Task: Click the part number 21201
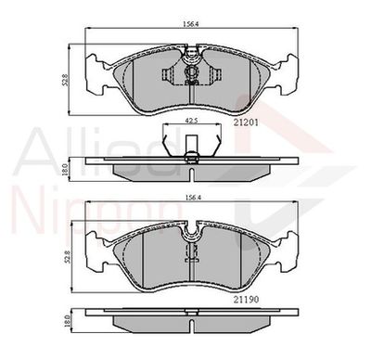point(246,122)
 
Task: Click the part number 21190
point(246,300)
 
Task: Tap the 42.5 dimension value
point(192,121)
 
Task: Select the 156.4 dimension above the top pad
point(192,25)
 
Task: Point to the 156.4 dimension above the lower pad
point(192,198)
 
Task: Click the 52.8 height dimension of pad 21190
point(68,257)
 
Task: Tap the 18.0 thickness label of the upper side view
point(65,170)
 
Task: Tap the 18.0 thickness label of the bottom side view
point(65,320)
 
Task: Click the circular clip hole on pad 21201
point(192,71)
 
